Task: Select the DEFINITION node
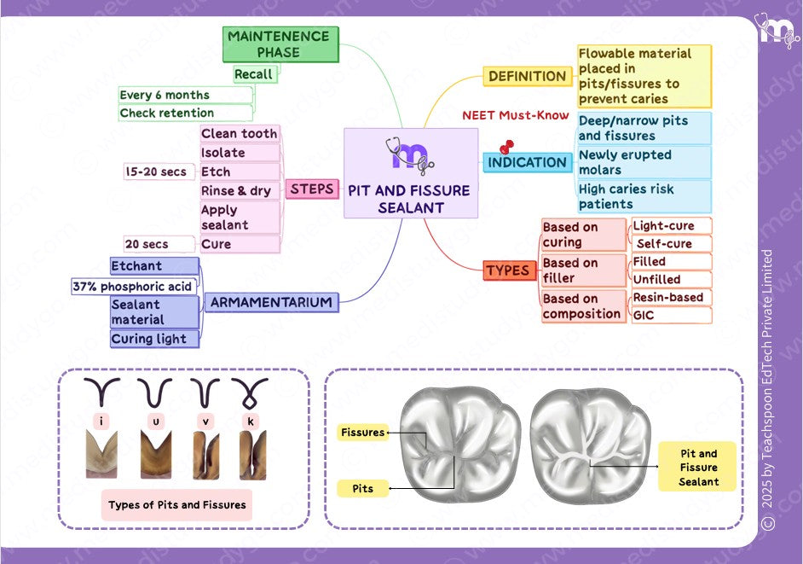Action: coord(527,76)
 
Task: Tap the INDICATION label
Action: coord(527,162)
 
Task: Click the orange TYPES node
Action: coord(507,270)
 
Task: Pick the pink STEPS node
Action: coord(311,189)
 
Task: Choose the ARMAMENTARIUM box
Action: coord(271,302)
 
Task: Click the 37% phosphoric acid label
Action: coord(132,287)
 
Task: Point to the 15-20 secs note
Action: coord(155,172)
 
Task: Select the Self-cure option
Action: coord(671,244)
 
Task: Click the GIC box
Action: coord(671,315)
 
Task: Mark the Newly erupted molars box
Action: coord(644,162)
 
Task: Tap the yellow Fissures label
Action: coord(362,433)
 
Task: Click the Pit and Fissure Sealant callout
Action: coord(698,468)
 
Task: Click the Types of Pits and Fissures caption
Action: coord(177,504)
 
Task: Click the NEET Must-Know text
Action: coord(515,115)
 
